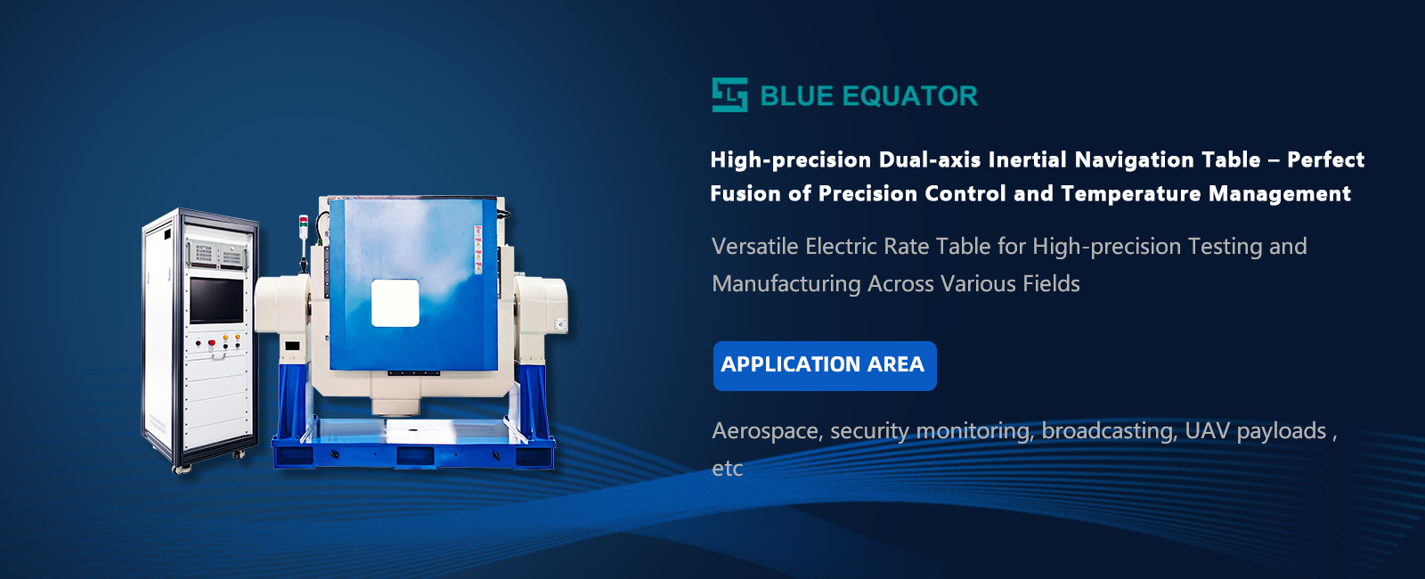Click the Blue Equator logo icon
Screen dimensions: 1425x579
click(x=729, y=94)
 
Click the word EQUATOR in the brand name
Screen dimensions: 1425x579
click(x=909, y=96)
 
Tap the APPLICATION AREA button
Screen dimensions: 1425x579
click(x=825, y=366)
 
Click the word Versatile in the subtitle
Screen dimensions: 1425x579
click(x=754, y=246)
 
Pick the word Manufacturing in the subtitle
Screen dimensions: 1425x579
click(x=786, y=284)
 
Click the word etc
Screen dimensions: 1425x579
click(x=727, y=469)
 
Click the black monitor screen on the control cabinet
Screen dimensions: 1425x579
click(x=216, y=300)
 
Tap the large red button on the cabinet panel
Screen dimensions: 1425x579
click(x=212, y=343)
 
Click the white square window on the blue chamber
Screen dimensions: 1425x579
click(x=395, y=304)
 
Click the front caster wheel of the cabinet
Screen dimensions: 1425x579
click(x=182, y=469)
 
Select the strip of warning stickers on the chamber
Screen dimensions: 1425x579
click(x=477, y=249)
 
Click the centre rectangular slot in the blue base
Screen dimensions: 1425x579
click(x=415, y=456)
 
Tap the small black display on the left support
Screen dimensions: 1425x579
click(x=292, y=347)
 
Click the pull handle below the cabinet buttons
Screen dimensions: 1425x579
click(x=219, y=357)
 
